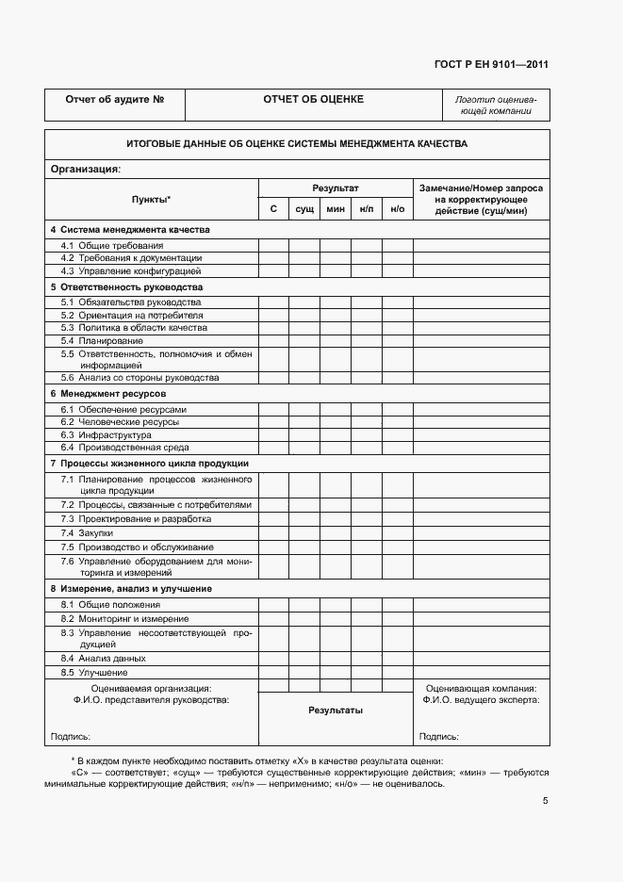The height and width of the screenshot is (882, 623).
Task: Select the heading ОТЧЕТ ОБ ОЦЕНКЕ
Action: pos(314,99)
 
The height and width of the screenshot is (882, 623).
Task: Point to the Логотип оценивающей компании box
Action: pos(495,105)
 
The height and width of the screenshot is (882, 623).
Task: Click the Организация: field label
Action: pos(85,170)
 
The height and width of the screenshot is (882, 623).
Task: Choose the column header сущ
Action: pos(304,208)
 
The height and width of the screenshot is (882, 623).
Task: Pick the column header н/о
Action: pos(397,208)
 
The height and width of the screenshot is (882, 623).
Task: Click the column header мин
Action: pos(336,208)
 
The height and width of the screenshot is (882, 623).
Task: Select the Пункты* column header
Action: pos(151,200)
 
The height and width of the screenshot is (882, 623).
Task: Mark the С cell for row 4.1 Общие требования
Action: pos(273,245)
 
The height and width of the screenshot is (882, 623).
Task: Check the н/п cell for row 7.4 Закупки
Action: pos(367,532)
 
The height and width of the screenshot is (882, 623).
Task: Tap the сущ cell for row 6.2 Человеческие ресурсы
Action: pos(304,423)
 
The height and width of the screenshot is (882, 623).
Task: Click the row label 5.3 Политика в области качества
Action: pos(134,328)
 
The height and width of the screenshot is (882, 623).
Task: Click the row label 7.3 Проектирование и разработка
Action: pos(136,519)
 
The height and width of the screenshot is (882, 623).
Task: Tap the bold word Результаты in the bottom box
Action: pos(335,710)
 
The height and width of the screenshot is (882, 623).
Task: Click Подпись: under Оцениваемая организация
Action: pos(70,737)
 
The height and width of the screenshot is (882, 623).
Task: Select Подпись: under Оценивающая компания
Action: pos(439,737)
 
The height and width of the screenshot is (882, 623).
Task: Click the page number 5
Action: pos(545,801)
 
